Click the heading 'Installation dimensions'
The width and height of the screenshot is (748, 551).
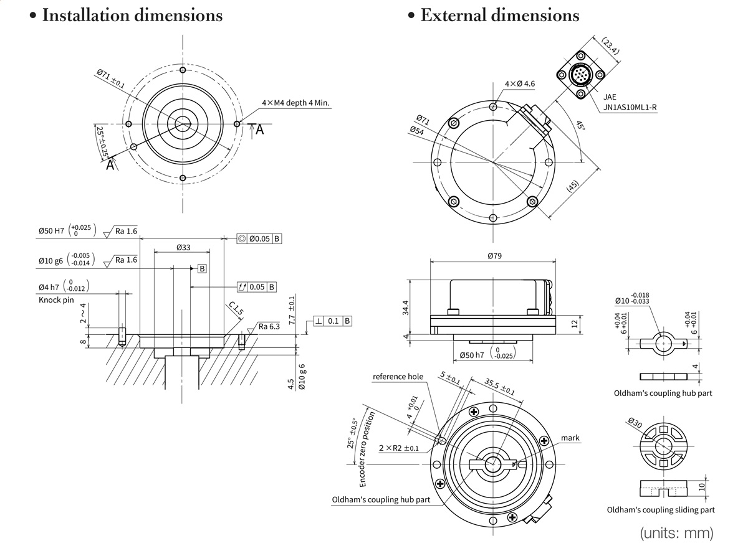(132, 15)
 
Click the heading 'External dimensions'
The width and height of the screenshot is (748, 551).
(499, 15)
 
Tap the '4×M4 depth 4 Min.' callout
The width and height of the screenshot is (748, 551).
(295, 103)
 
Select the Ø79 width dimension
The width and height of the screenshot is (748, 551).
(494, 255)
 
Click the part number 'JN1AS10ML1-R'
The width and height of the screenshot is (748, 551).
(630, 107)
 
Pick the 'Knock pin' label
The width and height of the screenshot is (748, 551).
(56, 300)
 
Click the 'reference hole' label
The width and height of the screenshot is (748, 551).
(398, 377)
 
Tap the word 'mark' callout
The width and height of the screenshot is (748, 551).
(570, 438)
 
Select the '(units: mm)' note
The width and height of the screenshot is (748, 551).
(676, 533)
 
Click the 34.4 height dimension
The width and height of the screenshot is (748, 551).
(406, 307)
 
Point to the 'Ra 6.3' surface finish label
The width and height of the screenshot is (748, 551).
(270, 326)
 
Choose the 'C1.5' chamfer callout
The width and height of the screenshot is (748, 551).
(236, 308)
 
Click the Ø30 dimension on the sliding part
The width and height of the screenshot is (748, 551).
(635, 423)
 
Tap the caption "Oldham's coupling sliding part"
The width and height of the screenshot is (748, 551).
(661, 510)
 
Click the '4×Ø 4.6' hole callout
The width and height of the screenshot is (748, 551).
(520, 83)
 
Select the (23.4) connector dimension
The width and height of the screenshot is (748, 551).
(610, 46)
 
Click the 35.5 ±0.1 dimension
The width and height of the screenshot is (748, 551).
(500, 387)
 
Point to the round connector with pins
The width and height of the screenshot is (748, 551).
(580, 77)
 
